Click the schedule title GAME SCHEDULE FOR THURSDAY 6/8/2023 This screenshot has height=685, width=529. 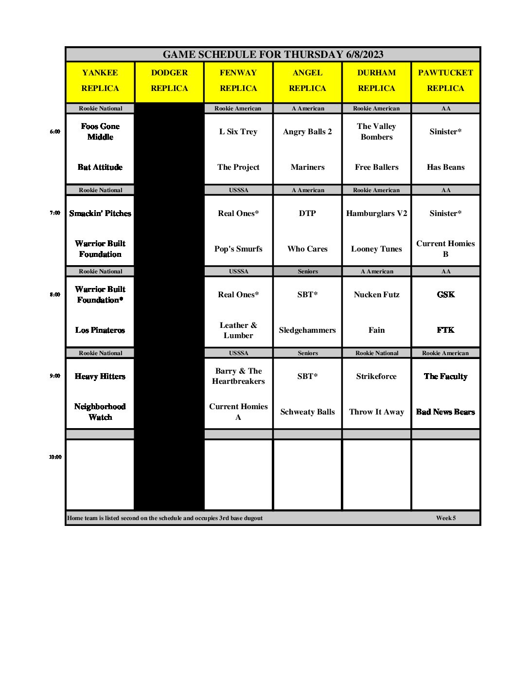[x=273, y=54]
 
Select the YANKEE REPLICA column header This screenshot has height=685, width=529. [x=100, y=80]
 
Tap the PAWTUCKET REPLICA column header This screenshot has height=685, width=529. [x=445, y=80]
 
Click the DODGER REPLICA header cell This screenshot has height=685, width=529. [x=169, y=80]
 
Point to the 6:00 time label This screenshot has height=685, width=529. [x=55, y=131]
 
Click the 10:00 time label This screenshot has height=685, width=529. [x=55, y=457]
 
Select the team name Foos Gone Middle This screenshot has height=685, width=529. [x=100, y=131]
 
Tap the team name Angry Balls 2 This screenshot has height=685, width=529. [x=307, y=131]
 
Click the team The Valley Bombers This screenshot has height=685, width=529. [x=376, y=131]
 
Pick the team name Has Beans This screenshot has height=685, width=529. [x=445, y=167]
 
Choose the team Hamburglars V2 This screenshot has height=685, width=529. [x=376, y=213]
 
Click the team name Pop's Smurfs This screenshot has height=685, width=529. [x=238, y=249]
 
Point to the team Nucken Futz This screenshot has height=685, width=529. [x=376, y=294]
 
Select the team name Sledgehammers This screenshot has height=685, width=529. [x=307, y=330]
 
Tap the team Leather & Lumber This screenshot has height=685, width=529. [x=238, y=330]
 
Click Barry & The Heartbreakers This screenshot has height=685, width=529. [x=238, y=376]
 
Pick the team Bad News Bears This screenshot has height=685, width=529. [x=445, y=412]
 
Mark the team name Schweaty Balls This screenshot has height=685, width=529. [x=307, y=412]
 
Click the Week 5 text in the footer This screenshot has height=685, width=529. [x=446, y=518]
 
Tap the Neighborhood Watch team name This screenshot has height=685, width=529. [x=100, y=412]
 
